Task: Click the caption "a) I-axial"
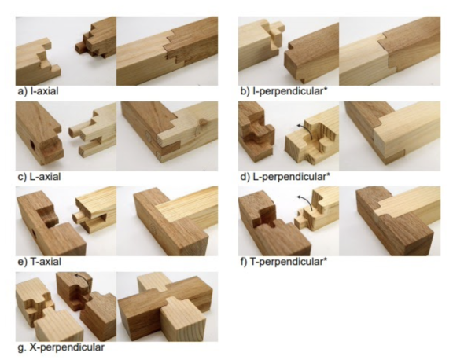click(x=39, y=91)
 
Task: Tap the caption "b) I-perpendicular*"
click(x=285, y=91)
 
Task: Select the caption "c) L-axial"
click(x=39, y=177)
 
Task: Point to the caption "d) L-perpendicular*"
click(x=285, y=177)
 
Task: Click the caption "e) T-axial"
click(x=39, y=262)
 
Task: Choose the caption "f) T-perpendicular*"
click(x=284, y=262)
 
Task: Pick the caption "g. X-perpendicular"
click(x=61, y=347)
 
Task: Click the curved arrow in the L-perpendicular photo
click(x=306, y=128)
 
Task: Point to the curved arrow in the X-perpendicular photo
click(x=83, y=277)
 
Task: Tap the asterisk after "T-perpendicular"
click(x=326, y=259)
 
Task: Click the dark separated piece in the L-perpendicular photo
click(x=255, y=131)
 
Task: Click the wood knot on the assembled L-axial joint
click(x=203, y=122)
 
